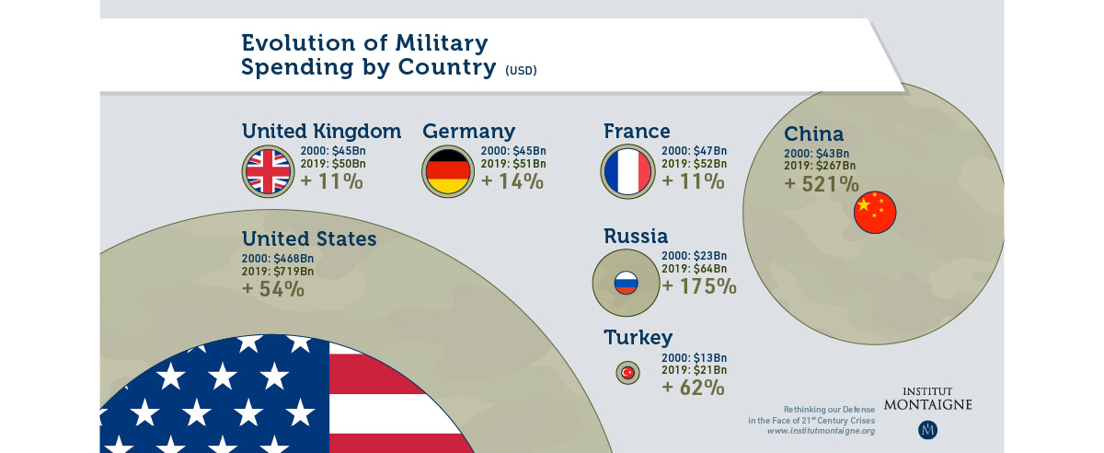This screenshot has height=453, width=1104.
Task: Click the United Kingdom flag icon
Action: point(268,171)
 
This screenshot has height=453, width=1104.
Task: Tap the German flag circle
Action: point(448,171)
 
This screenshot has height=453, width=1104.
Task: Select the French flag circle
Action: point(627,171)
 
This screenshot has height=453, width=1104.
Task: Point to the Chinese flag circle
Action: point(874,214)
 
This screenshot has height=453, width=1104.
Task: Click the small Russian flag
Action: point(626,283)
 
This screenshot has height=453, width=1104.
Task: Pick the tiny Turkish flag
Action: point(628,373)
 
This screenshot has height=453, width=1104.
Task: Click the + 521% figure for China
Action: point(822,184)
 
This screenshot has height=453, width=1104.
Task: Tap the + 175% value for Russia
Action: point(699,286)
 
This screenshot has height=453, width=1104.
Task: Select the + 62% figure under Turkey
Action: point(693,388)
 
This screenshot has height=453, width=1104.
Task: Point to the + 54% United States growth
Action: point(273,289)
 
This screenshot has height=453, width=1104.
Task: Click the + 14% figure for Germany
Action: point(512,181)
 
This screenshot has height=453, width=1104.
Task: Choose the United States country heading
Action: point(309,239)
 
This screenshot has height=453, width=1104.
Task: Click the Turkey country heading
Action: point(638,337)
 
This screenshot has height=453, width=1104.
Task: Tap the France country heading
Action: point(637,132)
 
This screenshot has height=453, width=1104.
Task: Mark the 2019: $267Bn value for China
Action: point(821,166)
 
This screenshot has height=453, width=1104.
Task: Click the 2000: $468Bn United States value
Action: point(278,259)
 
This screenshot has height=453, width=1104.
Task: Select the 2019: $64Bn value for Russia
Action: point(695,268)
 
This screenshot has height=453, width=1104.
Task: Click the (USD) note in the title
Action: point(521,71)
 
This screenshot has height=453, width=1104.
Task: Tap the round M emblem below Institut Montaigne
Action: point(927,429)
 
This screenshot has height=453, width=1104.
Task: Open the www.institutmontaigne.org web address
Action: point(821,431)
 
